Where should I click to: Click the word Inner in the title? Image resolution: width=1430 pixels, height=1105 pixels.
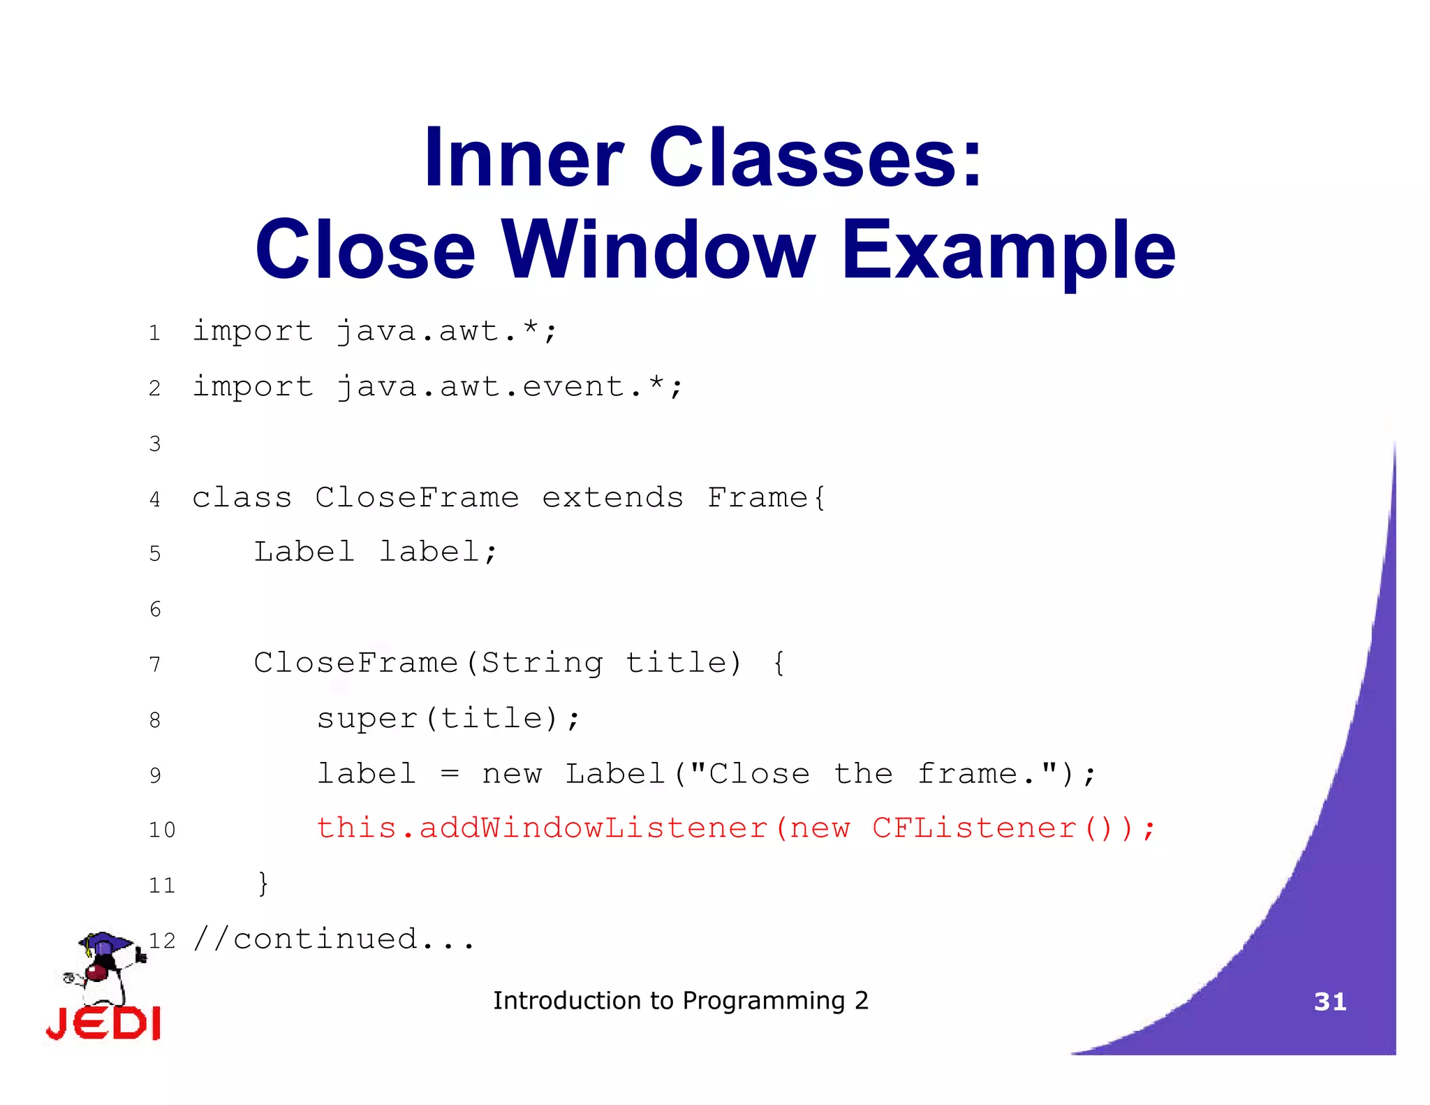click(524, 158)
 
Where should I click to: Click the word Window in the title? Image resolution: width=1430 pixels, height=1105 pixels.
click(658, 250)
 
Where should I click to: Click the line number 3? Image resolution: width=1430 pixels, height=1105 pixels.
click(155, 444)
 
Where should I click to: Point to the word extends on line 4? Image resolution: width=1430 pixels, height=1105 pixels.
click(612, 498)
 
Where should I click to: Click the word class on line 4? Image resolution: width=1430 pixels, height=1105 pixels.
click(242, 498)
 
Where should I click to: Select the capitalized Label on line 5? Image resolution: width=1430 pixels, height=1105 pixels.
click(304, 552)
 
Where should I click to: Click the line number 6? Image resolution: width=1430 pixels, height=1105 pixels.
click(155, 609)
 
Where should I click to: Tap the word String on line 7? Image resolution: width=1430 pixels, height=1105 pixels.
click(542, 663)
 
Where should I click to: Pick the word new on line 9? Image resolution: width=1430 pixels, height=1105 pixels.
click(511, 774)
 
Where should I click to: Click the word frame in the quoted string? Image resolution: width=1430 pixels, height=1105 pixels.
click(967, 774)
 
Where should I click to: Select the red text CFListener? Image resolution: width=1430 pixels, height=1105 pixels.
click(973, 828)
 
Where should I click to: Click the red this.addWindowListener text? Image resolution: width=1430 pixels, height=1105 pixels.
click(542, 828)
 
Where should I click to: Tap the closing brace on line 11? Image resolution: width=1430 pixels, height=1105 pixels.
click(263, 884)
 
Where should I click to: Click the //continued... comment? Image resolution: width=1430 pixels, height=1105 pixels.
click(334, 939)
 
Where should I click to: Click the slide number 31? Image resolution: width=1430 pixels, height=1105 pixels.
click(1329, 1002)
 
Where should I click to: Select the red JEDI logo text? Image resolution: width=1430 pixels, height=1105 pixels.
click(103, 1024)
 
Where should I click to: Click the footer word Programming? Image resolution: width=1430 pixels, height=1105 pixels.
click(764, 1001)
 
